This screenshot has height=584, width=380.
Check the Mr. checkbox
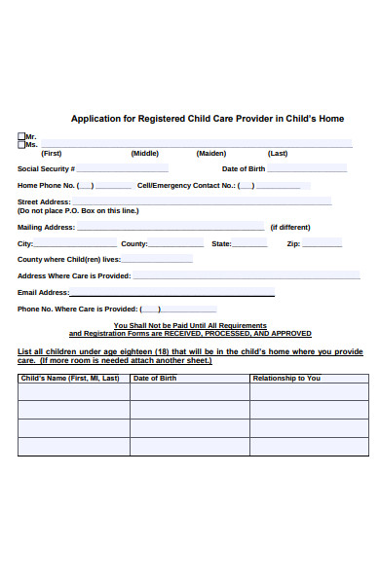click(21, 136)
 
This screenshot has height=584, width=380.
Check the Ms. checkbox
click(21, 144)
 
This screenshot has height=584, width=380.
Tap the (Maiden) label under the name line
click(211, 153)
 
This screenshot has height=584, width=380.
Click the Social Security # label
click(47, 168)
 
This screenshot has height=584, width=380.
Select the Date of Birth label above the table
click(244, 168)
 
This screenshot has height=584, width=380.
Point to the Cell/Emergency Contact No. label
click(186, 185)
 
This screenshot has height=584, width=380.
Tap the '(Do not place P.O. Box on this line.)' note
click(78, 210)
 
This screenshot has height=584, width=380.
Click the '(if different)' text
click(289, 227)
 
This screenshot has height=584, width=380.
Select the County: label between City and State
click(134, 243)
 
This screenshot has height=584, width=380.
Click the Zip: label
click(293, 243)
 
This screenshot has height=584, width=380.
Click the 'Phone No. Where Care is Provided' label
click(78, 309)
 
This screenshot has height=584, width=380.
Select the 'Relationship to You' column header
click(286, 378)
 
